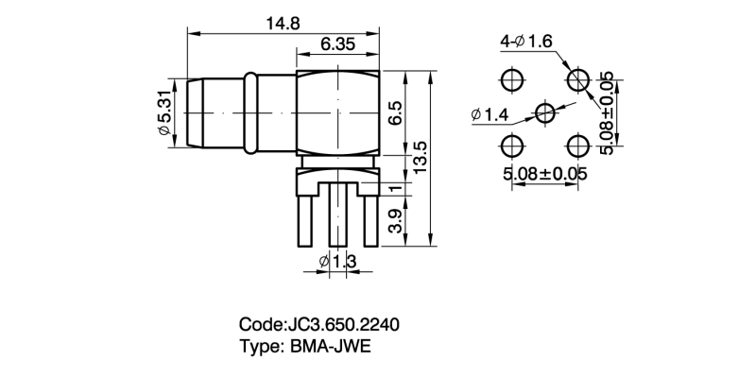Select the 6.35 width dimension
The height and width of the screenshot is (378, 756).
click(x=337, y=44)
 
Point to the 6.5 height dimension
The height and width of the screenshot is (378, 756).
click(x=396, y=112)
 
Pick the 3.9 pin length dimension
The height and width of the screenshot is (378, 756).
click(x=396, y=221)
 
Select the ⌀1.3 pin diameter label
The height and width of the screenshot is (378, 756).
click(x=336, y=261)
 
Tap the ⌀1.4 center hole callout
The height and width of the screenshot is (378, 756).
click(x=489, y=115)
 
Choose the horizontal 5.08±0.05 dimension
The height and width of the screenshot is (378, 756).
click(x=545, y=175)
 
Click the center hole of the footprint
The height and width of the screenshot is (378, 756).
click(x=545, y=112)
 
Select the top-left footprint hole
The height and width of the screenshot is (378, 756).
click(x=512, y=78)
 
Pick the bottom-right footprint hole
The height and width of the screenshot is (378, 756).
click(x=577, y=146)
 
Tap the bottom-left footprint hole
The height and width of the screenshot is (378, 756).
click(x=512, y=146)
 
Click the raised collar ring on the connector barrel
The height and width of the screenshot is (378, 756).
click(x=251, y=112)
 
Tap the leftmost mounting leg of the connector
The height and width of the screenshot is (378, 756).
click(x=305, y=217)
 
